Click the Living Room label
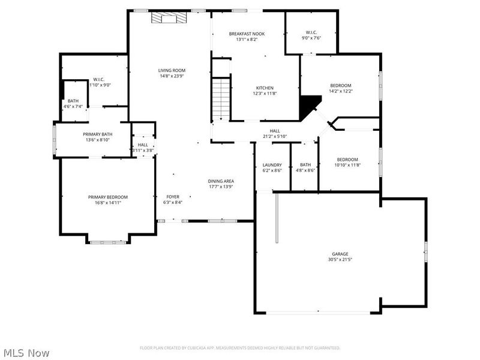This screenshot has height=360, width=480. pyautogui.click(x=172, y=70)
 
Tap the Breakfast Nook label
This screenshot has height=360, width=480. pyautogui.click(x=247, y=34)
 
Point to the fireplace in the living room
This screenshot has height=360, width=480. pyautogui.click(x=168, y=19)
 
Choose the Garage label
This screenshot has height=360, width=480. pyautogui.click(x=340, y=254)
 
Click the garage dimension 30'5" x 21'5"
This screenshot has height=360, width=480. pyautogui.click(x=340, y=260)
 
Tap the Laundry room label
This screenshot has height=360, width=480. pyautogui.click(x=272, y=165)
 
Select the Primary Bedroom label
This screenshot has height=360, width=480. pyautogui.click(x=108, y=197)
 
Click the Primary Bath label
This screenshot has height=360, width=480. pyautogui.click(x=96, y=134)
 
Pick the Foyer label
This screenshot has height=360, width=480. pyautogui.click(x=173, y=197)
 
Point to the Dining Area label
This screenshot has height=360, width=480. pyautogui.click(x=221, y=181)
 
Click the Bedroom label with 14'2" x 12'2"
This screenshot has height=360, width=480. pyautogui.click(x=340, y=85)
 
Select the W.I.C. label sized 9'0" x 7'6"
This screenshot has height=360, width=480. pyautogui.click(x=311, y=32)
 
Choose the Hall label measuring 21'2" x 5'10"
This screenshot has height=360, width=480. pyautogui.click(x=275, y=131)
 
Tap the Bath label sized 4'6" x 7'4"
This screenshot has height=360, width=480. pyautogui.click(x=73, y=101)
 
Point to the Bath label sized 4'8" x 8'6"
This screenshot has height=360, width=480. pyautogui.click(x=305, y=165)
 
